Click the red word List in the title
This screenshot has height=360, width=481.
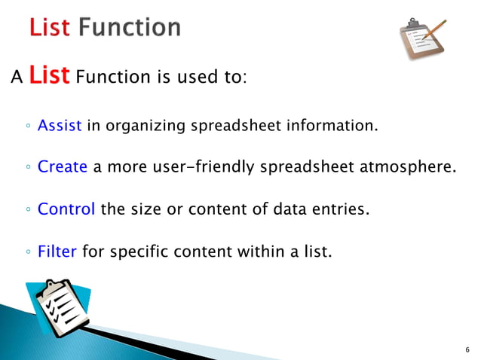click(50, 28)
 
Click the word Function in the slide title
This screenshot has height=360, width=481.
click(130, 28)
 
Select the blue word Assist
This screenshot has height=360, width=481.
click(60, 125)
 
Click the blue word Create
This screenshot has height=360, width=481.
click(63, 166)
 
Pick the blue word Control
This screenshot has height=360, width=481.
click(66, 209)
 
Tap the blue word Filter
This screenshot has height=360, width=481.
click(57, 251)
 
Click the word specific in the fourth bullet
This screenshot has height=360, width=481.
click(140, 251)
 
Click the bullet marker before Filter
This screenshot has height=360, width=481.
click(27, 252)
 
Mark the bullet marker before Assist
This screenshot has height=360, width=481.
click(27, 127)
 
